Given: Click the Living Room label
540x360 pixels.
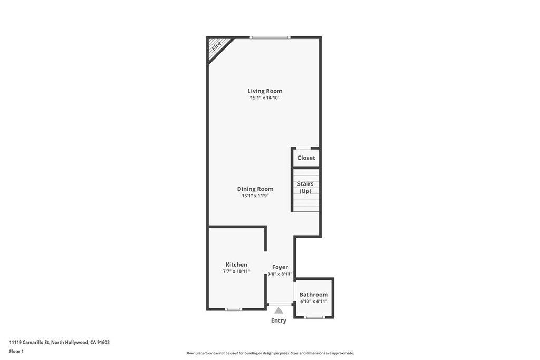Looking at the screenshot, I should pos(265,91).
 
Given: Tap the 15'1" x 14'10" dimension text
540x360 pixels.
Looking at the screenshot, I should pos(265,98).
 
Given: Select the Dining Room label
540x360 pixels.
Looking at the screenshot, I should pos(255,189).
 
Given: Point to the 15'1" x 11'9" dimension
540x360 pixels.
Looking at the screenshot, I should pos(255,196).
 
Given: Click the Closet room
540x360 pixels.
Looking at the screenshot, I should pos(306,158).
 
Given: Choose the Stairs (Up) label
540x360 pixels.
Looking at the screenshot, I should pos(305,187).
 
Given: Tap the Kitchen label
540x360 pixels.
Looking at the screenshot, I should pos(236,265).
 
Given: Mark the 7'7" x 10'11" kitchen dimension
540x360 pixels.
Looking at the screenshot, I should pos(236,271).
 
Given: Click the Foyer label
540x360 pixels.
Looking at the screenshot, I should pos(280,267).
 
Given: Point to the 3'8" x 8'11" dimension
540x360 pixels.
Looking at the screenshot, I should pos(280,274).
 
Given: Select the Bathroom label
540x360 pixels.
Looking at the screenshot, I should pos(314,295).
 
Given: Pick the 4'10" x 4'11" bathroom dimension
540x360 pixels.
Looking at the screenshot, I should pos(314,301).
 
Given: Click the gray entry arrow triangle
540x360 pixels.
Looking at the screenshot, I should pos(278,310).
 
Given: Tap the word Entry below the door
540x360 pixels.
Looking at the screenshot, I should pos(278,320).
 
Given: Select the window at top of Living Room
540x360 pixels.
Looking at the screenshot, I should pos(270,37).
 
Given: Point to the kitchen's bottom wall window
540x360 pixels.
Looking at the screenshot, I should pos(233,309).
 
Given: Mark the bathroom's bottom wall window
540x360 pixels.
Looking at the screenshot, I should pos(314,317).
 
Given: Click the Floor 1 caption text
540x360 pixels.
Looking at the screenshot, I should pos(18,351).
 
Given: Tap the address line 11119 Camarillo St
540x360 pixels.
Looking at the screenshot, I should pos(59,342).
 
